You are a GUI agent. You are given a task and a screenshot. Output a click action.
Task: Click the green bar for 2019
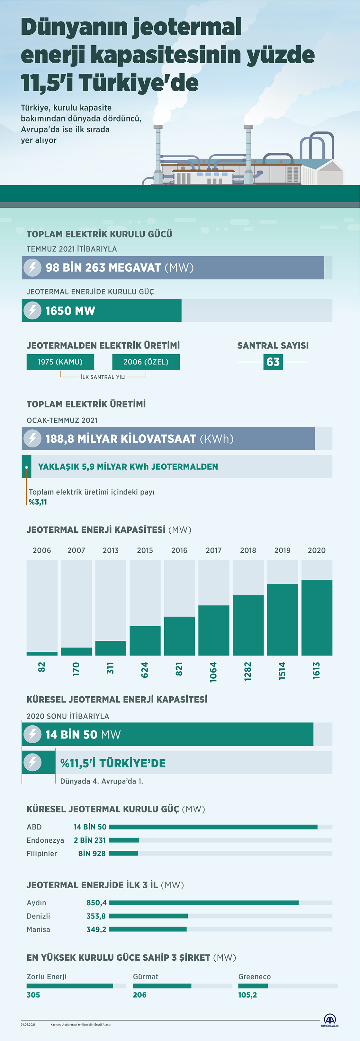coord(283,620)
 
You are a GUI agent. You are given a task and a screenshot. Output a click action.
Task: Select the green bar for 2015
coord(145,640)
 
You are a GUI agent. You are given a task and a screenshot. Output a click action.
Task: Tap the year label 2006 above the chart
coord(42,550)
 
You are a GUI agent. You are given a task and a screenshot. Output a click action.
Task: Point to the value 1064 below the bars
coord(213,672)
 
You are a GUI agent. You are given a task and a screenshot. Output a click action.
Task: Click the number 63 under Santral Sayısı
coord(273,362)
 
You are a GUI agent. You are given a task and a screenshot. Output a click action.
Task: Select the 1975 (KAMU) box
coord(60,362)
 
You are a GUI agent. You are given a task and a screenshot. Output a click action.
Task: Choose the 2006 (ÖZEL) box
coord(146,362)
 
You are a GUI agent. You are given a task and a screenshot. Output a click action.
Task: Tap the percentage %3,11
coord(38,502)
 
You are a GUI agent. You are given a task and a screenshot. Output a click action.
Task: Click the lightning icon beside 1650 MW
coord(32,310)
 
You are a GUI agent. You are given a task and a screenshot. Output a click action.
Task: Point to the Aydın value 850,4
coord(96,903)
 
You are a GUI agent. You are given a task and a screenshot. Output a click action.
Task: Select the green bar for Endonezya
coord(124,840)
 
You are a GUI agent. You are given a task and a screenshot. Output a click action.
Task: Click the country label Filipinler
coord(41,854)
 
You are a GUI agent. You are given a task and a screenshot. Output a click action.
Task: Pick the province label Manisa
coord(38,929)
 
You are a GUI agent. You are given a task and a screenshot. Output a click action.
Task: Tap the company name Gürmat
coord(146,977)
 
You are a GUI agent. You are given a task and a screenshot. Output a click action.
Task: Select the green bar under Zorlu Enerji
coord(70,986)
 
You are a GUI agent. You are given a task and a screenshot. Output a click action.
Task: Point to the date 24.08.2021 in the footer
coord(28,1024)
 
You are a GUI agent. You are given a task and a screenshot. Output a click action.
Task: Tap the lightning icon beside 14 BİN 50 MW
coord(32,734)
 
